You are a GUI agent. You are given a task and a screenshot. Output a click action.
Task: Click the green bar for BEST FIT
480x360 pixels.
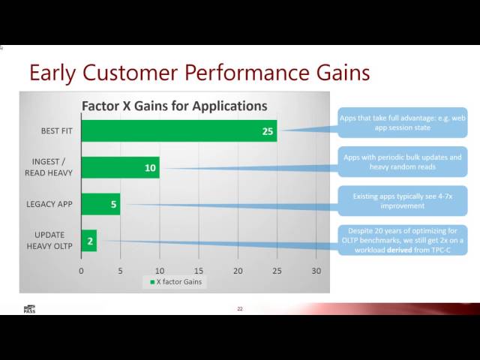(178, 131)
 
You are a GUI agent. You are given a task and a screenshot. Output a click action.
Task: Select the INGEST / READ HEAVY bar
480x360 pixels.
(120, 168)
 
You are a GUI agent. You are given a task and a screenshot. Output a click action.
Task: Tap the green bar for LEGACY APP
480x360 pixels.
(100, 204)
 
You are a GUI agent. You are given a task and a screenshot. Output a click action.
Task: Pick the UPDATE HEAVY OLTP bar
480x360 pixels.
(88, 240)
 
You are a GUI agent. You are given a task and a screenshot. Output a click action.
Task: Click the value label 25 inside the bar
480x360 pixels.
(268, 131)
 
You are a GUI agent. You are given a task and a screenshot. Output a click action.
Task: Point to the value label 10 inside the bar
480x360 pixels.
(150, 168)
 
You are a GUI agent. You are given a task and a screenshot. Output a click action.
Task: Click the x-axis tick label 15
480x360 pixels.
(199, 270)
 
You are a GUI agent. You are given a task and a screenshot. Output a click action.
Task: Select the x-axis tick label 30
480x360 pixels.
(316, 270)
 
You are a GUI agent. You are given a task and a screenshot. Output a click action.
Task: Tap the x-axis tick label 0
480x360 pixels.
(81, 270)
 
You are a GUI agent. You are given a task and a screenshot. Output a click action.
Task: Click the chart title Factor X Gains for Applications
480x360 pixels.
(174, 106)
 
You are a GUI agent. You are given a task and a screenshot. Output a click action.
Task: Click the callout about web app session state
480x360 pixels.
(402, 123)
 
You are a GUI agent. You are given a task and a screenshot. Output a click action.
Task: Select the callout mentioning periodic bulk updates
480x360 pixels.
(402, 162)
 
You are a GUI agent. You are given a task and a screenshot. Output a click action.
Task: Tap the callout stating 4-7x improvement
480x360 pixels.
(402, 201)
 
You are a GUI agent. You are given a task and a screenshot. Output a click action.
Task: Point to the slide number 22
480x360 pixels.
(240, 308)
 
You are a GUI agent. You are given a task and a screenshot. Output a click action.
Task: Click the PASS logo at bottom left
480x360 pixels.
(29, 308)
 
